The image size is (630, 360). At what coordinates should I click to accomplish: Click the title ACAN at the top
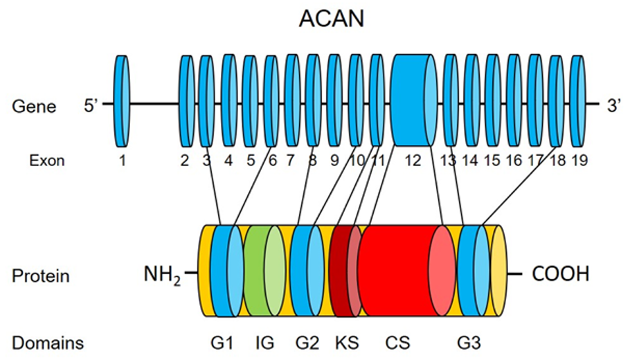pos(332,19)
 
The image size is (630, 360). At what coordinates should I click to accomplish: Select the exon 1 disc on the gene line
pos(122,101)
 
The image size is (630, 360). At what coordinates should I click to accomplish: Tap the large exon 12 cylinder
pos(415,100)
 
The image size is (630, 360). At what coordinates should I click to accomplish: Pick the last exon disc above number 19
pos(578,101)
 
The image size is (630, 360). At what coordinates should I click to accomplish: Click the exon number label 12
pos(413,161)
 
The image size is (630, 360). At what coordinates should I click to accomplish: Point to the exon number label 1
pos(122,161)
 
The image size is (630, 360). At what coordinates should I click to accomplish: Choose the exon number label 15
pos(492,161)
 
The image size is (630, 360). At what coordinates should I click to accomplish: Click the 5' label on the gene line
pos(91,106)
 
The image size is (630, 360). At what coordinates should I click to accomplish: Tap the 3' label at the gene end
pos(614,106)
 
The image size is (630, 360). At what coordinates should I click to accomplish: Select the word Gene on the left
pos(34,107)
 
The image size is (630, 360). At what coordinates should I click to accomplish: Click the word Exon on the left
pos(46,161)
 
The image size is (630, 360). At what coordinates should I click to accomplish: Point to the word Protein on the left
pos(41,276)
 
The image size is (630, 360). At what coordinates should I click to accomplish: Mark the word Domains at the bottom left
pos(48,343)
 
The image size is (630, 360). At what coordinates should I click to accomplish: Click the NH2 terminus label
pos(162,276)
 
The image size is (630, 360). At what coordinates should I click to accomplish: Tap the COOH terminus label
pos(561,274)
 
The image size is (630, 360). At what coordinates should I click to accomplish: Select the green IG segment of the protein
pos(264,271)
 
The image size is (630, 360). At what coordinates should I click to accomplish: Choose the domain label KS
pos(347,343)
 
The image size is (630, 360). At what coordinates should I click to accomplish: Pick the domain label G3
pos(469,343)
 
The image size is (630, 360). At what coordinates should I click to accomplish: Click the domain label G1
pos(222,343)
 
